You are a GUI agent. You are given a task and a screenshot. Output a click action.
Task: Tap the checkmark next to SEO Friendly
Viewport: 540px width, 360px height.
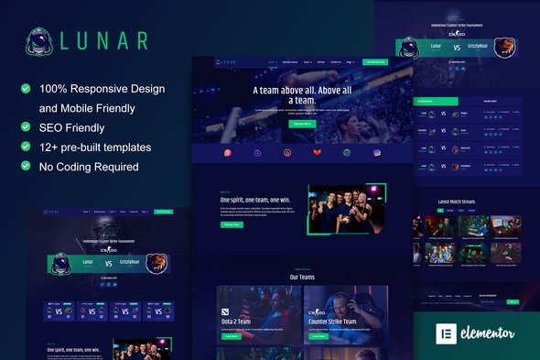[26, 128]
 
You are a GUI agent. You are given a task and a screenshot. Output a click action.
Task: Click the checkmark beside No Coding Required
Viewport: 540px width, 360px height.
[26, 167]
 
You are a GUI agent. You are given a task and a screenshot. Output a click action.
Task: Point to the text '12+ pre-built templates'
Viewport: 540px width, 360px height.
[94, 147]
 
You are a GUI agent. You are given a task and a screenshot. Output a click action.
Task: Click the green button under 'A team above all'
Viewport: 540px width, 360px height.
[276, 123]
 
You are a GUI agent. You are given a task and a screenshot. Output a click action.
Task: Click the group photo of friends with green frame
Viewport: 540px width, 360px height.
[345, 208]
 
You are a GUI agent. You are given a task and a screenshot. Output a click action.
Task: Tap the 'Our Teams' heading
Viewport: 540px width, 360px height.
[302, 276]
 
